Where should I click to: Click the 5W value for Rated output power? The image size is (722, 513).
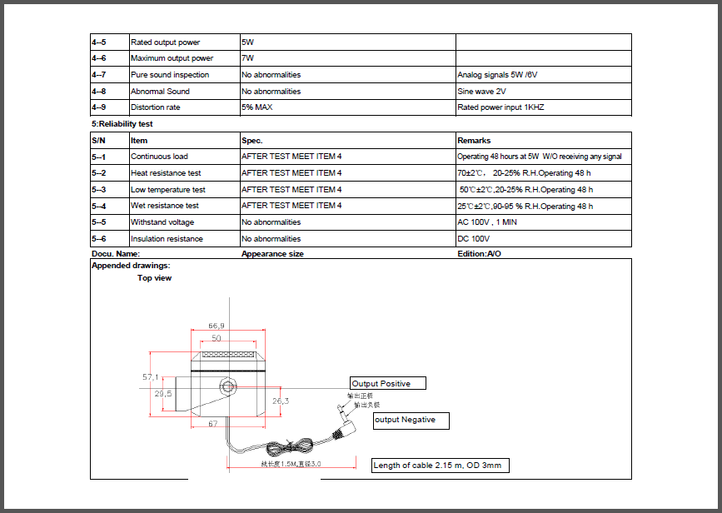[x=248, y=42]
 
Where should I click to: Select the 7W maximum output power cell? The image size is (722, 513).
[x=248, y=58]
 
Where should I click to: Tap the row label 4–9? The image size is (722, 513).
[x=99, y=107]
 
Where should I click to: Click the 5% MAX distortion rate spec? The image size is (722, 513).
[x=257, y=107]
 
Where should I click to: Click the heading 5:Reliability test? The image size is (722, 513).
[x=122, y=124]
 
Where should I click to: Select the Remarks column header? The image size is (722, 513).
[x=474, y=141]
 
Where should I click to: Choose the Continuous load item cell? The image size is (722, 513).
[x=159, y=157]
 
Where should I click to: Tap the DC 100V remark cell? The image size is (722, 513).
[x=475, y=239]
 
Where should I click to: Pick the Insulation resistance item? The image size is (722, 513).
[x=167, y=239]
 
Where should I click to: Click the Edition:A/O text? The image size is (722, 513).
[x=480, y=253]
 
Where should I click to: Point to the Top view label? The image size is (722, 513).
[x=155, y=278]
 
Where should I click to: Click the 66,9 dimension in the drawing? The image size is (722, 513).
[x=217, y=326]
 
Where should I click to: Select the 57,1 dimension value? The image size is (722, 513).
[x=151, y=377]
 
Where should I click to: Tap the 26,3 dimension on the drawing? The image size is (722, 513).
[x=281, y=401]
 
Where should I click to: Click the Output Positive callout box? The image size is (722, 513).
[x=387, y=383]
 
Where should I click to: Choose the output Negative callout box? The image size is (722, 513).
[x=411, y=420]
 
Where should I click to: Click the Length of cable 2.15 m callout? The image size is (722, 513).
[x=439, y=465]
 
